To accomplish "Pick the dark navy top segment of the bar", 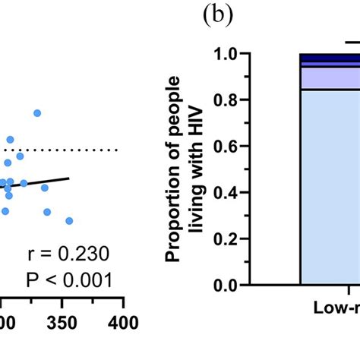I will click(330, 58).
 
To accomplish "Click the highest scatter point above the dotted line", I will click(36, 113).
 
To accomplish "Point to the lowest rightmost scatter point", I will click(69, 220).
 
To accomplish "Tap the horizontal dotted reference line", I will click(76, 150).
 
